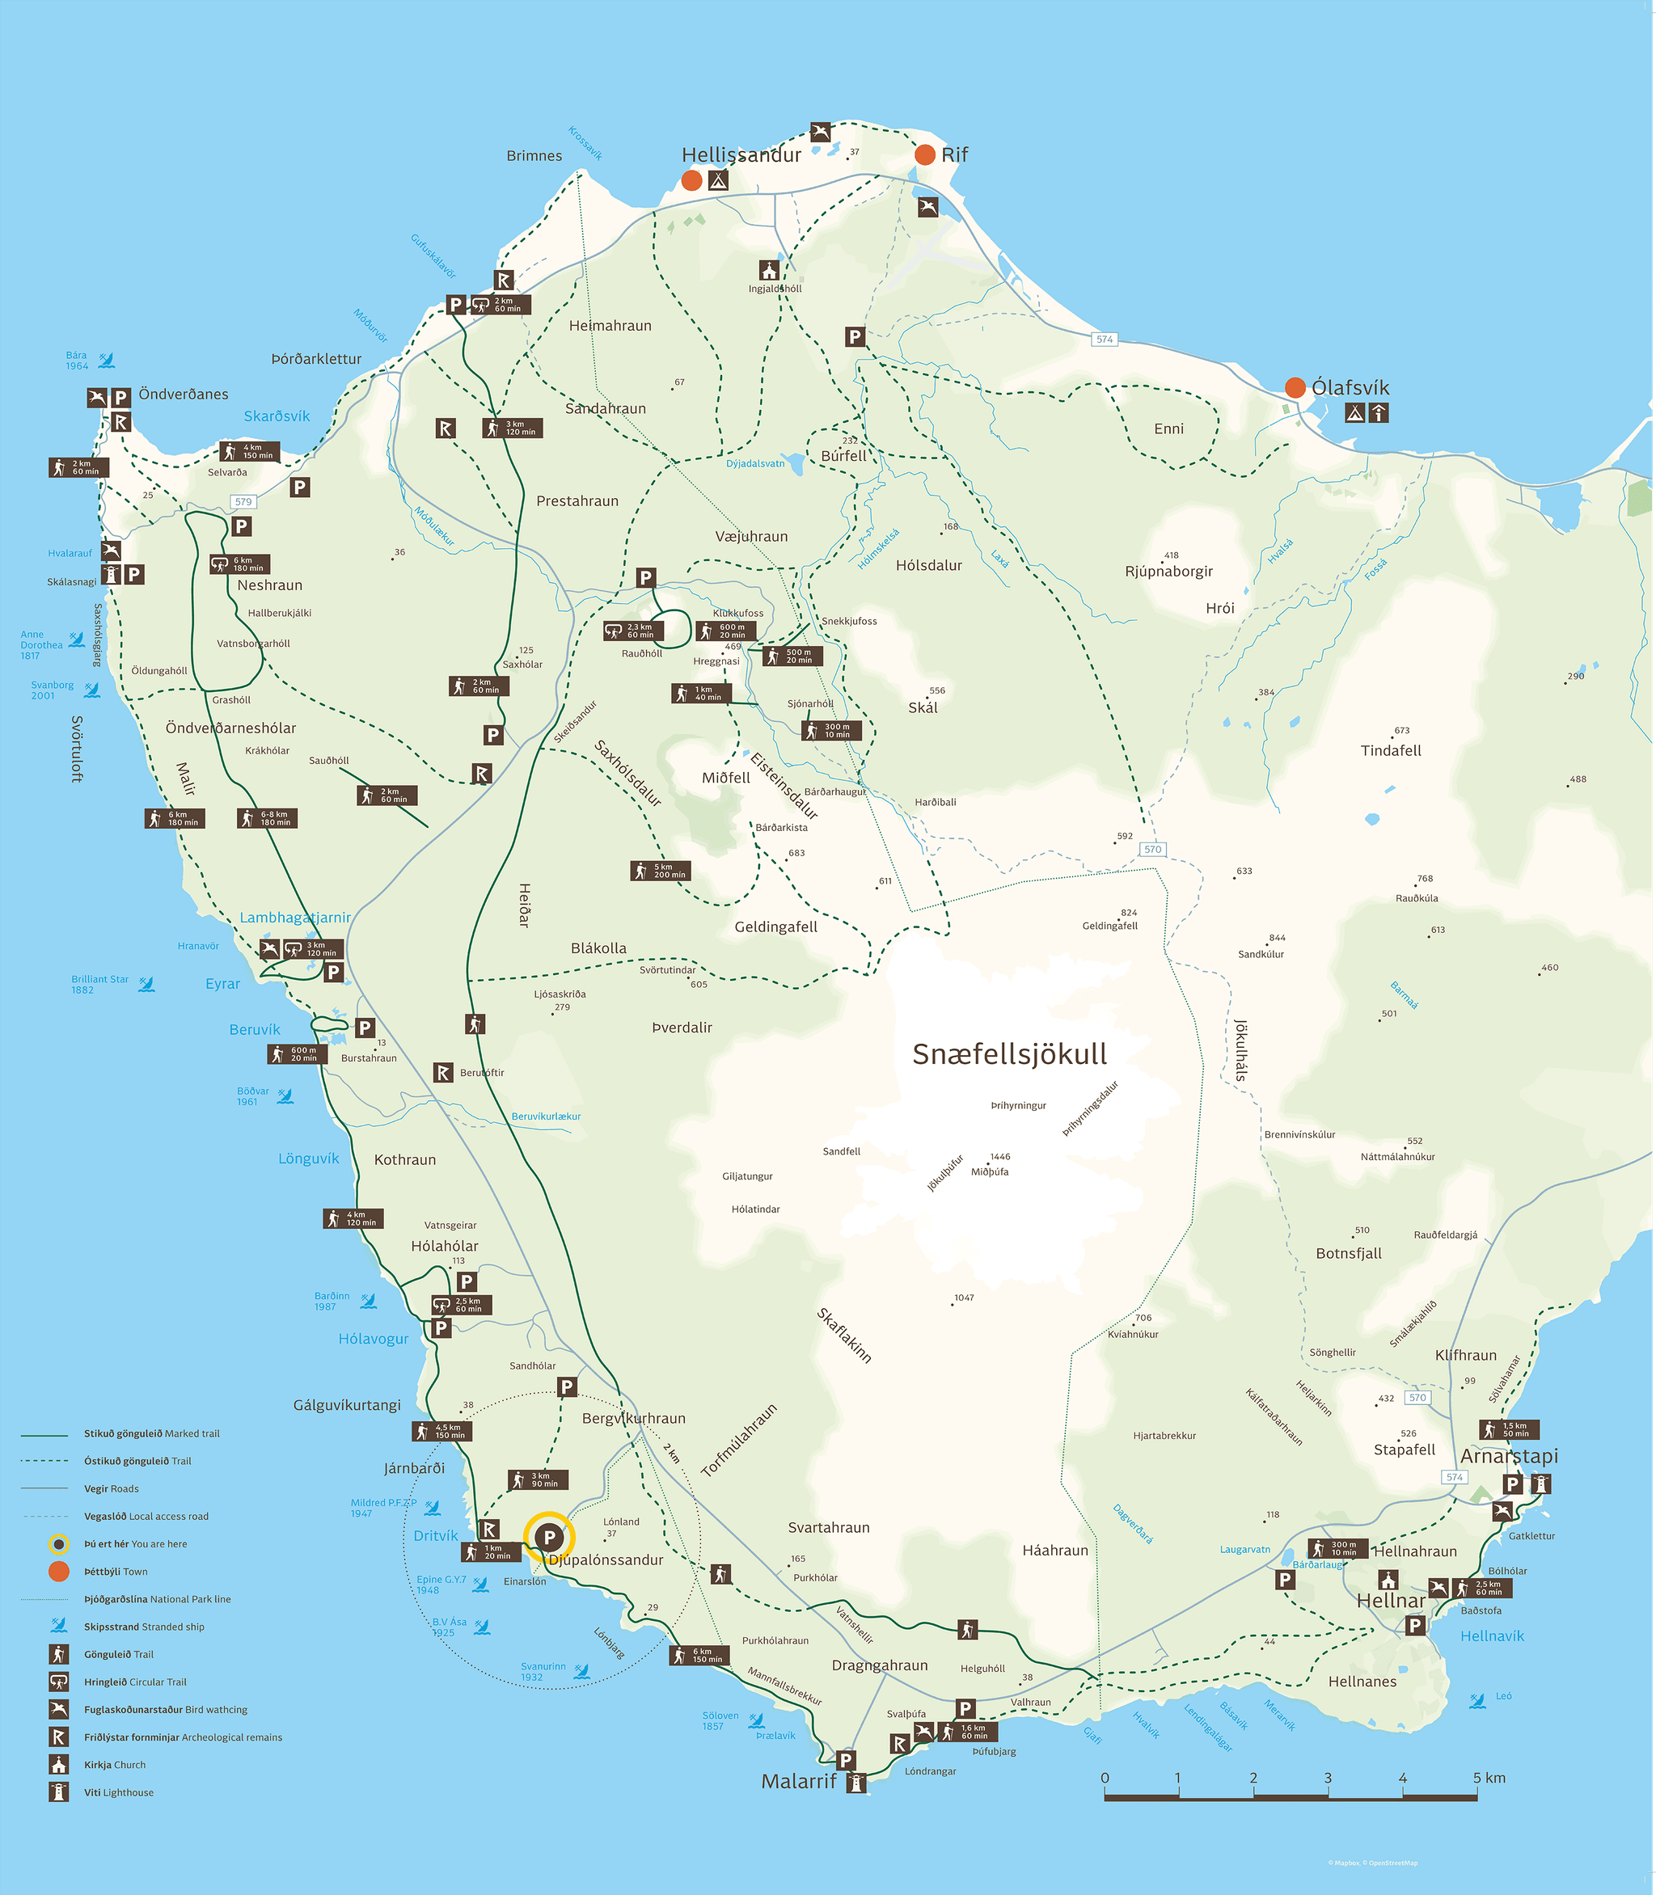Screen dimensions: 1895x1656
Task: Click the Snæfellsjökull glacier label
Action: [x=1009, y=1054]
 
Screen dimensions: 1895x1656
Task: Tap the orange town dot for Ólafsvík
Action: [x=1295, y=387]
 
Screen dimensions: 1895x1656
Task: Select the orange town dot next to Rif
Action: [x=924, y=154]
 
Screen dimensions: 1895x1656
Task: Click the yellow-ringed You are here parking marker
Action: [x=549, y=1538]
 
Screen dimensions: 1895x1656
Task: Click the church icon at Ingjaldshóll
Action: [x=769, y=270]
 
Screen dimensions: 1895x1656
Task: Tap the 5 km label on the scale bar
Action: [x=1489, y=1778]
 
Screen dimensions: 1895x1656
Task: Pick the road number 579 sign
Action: [x=243, y=502]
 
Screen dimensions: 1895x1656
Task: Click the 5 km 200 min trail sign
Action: [x=661, y=871]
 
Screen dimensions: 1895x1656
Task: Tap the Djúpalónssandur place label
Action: [x=606, y=1559]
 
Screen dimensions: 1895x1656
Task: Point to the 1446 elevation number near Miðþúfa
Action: [x=1000, y=1157]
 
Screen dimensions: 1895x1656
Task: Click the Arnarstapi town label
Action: [x=1508, y=1456]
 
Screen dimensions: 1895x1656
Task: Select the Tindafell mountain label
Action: [x=1390, y=750]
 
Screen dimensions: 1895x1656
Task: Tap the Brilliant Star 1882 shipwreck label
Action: [x=99, y=984]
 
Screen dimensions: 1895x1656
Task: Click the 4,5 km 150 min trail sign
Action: [x=441, y=1431]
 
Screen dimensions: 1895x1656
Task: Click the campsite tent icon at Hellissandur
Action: [x=718, y=180]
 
